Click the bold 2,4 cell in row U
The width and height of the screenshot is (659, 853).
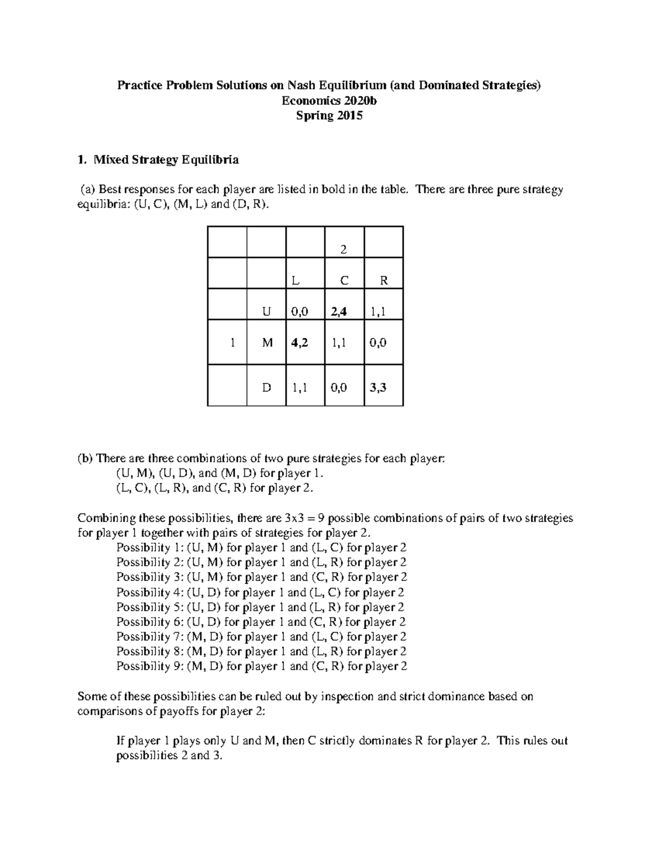[339, 312]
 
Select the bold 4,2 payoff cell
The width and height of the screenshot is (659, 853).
[300, 343]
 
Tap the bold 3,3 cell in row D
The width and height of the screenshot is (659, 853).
[378, 388]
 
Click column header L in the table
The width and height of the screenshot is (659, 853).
[295, 281]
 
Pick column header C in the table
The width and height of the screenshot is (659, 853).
[344, 281]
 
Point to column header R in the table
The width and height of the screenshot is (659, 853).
[384, 281]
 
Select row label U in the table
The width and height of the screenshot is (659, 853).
[266, 312]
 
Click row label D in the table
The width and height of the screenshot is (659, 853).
[266, 388]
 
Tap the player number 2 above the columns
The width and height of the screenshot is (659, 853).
[344, 249]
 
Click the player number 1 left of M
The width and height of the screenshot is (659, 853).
[233, 343]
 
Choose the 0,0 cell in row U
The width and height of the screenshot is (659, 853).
[299, 312]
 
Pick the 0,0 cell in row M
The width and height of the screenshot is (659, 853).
[378, 343]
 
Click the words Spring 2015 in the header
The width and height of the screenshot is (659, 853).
[329, 115]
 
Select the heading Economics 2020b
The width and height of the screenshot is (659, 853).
[329, 101]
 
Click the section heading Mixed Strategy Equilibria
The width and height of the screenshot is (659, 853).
[166, 160]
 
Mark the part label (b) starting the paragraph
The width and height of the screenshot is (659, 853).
[86, 458]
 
